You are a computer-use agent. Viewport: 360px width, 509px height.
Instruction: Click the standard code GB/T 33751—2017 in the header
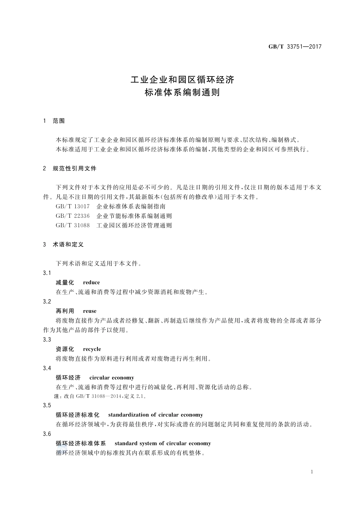coord(295,47)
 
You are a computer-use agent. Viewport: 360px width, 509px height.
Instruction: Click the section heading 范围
coord(59,121)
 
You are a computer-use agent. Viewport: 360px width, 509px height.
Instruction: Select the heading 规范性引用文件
coord(75,168)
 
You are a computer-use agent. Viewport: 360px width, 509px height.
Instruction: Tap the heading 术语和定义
coord(68,244)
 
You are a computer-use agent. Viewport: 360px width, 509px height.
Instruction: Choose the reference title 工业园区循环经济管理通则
coord(134,225)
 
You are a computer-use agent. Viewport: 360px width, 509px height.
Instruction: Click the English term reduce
coord(91,283)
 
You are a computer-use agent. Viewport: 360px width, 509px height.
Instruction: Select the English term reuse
coord(90,311)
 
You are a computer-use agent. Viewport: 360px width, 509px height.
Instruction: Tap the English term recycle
coord(92,349)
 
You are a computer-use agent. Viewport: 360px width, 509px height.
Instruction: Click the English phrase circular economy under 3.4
coord(112,378)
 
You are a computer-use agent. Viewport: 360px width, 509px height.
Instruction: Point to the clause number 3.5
coord(47,405)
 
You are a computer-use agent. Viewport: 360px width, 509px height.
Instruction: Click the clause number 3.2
coord(47,301)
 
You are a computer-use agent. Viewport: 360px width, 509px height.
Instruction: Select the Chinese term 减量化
coord(65,283)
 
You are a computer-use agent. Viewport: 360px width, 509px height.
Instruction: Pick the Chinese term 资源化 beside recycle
coord(65,349)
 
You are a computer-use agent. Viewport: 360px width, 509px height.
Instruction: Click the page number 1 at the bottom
coord(311,472)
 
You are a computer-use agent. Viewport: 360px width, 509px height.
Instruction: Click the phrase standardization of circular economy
coord(155,415)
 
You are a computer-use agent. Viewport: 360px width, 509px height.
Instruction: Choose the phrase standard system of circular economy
coord(163,443)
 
